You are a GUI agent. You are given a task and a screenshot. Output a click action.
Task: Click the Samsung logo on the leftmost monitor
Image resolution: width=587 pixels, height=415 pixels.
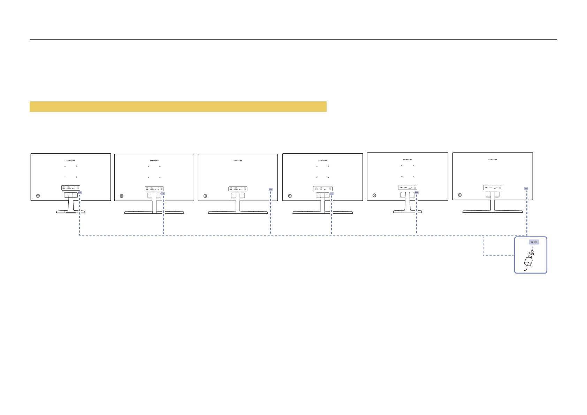coord(71,160)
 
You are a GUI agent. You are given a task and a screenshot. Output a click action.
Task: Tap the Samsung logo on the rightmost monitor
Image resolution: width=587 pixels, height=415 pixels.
coord(493,160)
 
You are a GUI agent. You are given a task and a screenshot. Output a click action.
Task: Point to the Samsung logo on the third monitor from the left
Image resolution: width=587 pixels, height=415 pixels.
coord(238,161)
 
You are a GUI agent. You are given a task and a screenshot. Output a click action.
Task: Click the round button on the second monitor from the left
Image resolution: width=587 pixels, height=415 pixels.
coord(121,196)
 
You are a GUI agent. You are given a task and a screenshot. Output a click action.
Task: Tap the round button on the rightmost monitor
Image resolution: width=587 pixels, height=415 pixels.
coord(460,195)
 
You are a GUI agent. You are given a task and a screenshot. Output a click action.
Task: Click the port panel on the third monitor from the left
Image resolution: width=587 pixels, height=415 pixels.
coord(238,189)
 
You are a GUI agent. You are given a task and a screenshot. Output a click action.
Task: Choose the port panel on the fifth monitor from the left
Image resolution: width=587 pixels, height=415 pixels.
coord(407,187)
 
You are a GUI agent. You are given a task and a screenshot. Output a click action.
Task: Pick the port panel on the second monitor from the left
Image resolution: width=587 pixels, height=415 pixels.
coord(154,189)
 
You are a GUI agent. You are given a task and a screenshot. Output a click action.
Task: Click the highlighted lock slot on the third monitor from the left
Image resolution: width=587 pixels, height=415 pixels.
coord(270,189)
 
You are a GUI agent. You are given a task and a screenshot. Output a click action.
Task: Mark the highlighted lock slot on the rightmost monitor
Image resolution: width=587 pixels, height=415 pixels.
coord(526,189)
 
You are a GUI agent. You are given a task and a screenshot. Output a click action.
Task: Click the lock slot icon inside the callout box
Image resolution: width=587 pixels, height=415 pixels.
coord(534,242)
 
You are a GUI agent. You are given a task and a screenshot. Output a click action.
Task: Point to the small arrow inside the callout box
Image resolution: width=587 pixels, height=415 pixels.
coord(533,247)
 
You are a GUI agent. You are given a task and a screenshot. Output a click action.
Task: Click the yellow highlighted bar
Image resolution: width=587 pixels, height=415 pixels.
coord(178,107)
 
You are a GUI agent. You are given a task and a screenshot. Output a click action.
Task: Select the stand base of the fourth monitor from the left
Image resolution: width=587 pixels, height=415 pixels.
coord(322,212)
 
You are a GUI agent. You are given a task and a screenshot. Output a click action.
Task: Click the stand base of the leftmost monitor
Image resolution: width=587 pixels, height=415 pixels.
coord(71,212)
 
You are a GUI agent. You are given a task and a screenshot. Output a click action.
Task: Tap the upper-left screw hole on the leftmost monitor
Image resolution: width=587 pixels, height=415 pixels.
coord(65,166)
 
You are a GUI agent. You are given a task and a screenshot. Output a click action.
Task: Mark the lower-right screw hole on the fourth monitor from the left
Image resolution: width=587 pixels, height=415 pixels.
coord(328,177)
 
